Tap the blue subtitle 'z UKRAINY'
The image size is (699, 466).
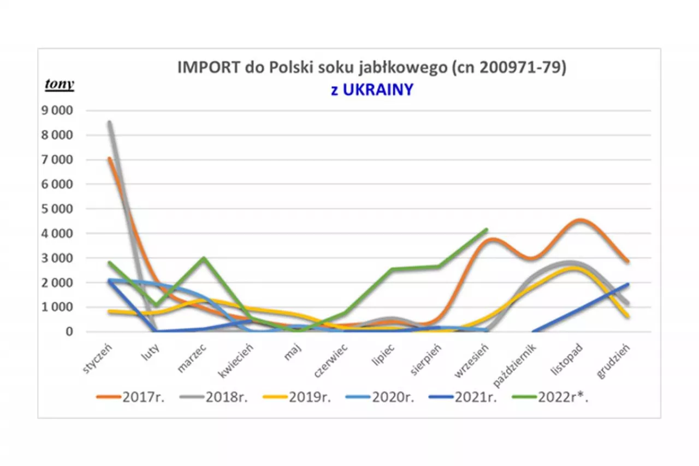point(371,90)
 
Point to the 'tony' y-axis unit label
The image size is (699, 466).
point(60,85)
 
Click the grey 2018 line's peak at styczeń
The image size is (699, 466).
point(110,123)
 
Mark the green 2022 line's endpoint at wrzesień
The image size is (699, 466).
point(486,230)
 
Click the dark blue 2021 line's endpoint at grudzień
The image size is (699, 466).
point(628,284)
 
